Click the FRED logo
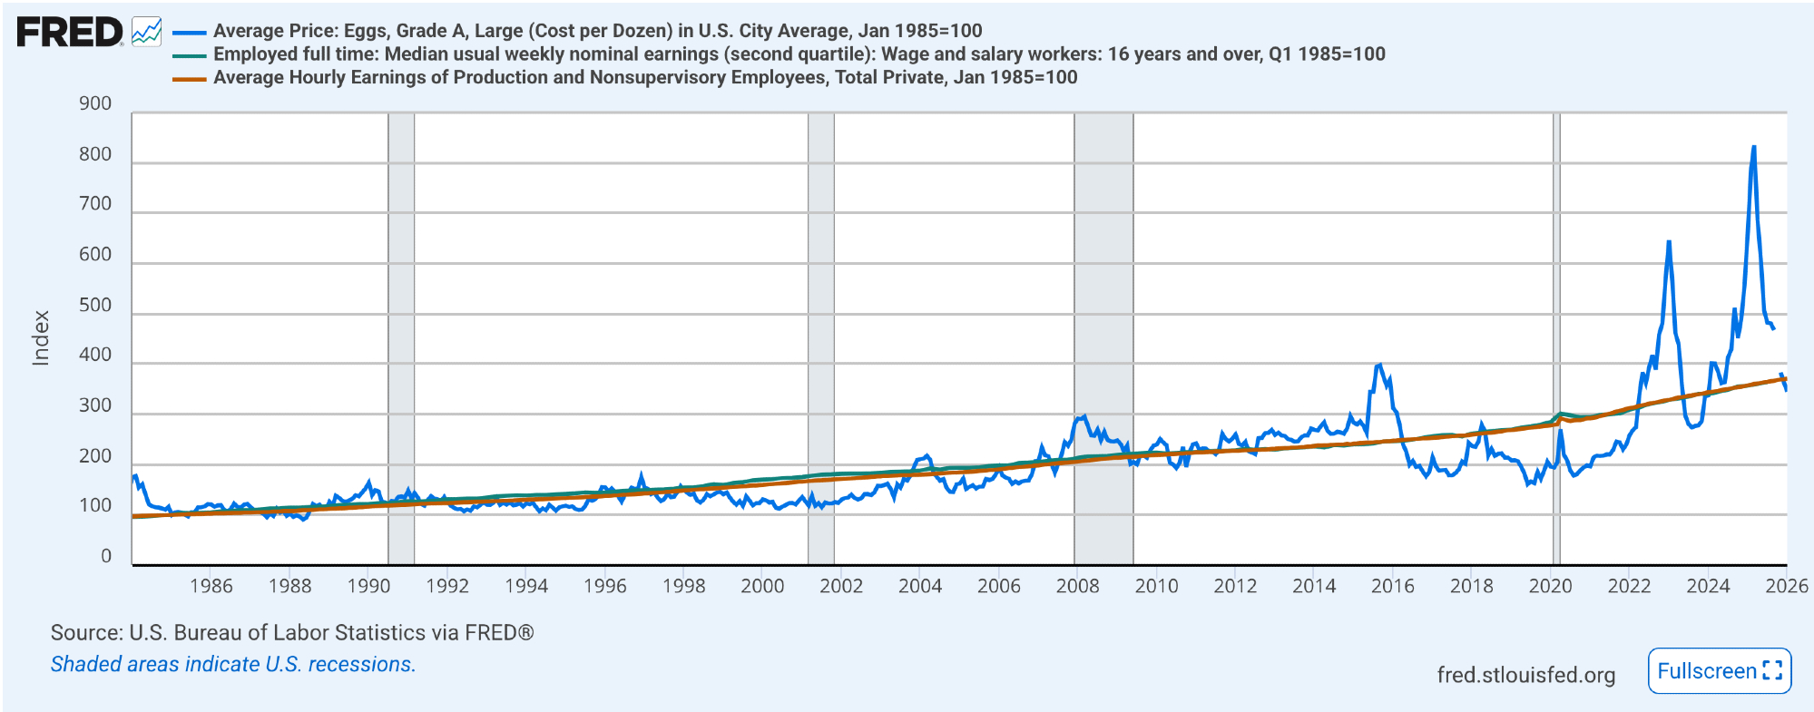pos(70,33)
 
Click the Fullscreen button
pos(1719,671)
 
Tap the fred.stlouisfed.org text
pos(1525,675)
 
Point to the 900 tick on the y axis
pos(95,103)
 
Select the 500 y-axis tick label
pos(95,305)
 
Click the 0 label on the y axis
pos(106,556)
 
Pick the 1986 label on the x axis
pos(211,586)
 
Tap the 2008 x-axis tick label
pos(1077,586)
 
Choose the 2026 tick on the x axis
pos(1786,586)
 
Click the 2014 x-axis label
pos(1313,586)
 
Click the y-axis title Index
pos(41,337)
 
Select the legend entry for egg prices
pos(597,31)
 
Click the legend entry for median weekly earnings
pos(799,54)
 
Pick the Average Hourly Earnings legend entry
pos(644,78)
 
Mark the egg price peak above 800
pos(1753,147)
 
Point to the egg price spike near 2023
pos(1669,242)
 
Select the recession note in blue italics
pos(233,665)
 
